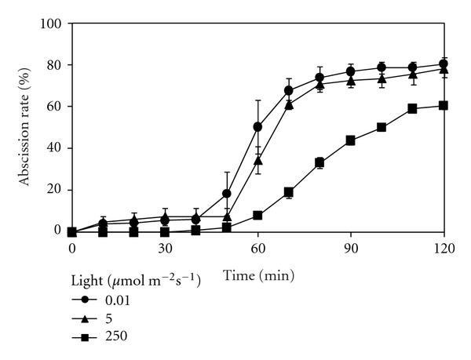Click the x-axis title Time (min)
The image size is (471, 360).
(257, 275)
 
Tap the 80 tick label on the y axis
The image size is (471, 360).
(53, 65)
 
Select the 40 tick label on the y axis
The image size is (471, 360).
(53, 148)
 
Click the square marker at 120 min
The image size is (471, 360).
(444, 105)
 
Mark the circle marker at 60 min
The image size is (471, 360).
(257, 127)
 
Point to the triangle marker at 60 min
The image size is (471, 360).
(257, 160)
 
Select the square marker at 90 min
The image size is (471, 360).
(351, 140)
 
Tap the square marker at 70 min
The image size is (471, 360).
(289, 192)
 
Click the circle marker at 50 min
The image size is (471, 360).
(227, 194)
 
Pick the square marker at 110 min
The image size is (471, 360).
(413, 109)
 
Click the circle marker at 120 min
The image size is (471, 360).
(444, 64)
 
